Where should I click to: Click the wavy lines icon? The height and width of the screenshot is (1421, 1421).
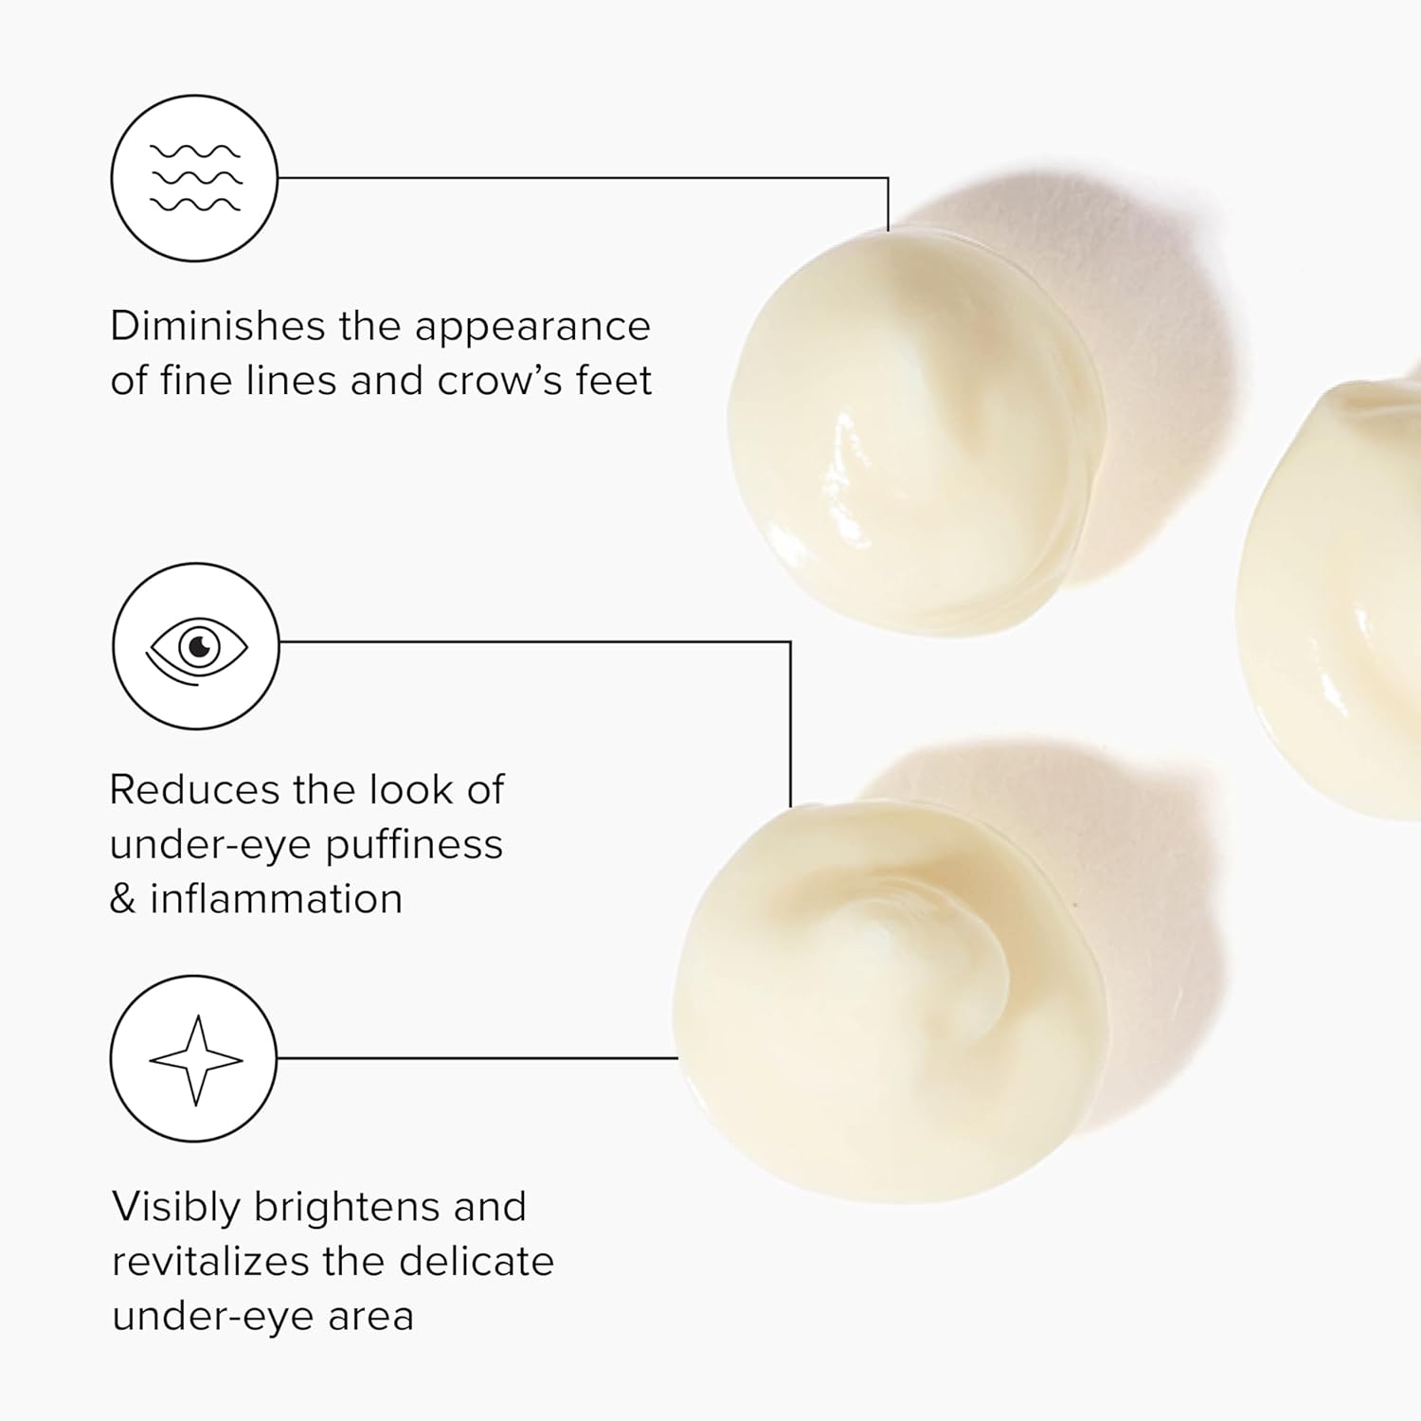(195, 178)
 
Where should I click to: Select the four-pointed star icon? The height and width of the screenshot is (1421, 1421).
(196, 1060)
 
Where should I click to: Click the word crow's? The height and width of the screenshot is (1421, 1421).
(499, 381)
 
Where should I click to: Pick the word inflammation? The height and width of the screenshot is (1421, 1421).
(277, 899)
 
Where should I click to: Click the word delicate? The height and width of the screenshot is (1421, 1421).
(476, 1262)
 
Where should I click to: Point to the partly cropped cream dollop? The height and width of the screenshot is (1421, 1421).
(1336, 597)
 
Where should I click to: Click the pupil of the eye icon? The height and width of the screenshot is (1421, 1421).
(199, 647)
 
